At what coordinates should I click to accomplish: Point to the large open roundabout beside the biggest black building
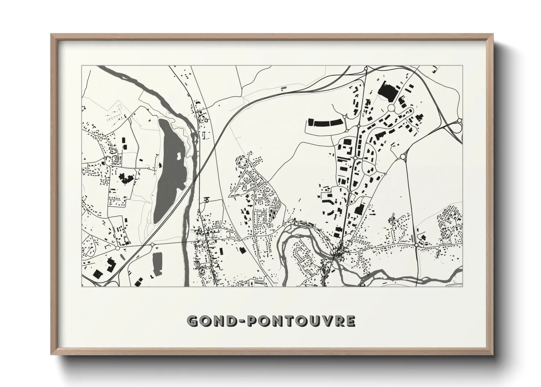click(x=392, y=108)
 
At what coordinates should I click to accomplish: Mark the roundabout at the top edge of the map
click(x=366, y=68)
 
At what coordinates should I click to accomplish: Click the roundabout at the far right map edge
click(x=459, y=120)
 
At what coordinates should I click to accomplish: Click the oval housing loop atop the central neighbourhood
click(x=242, y=161)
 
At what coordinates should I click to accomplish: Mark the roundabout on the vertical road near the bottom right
click(x=416, y=245)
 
